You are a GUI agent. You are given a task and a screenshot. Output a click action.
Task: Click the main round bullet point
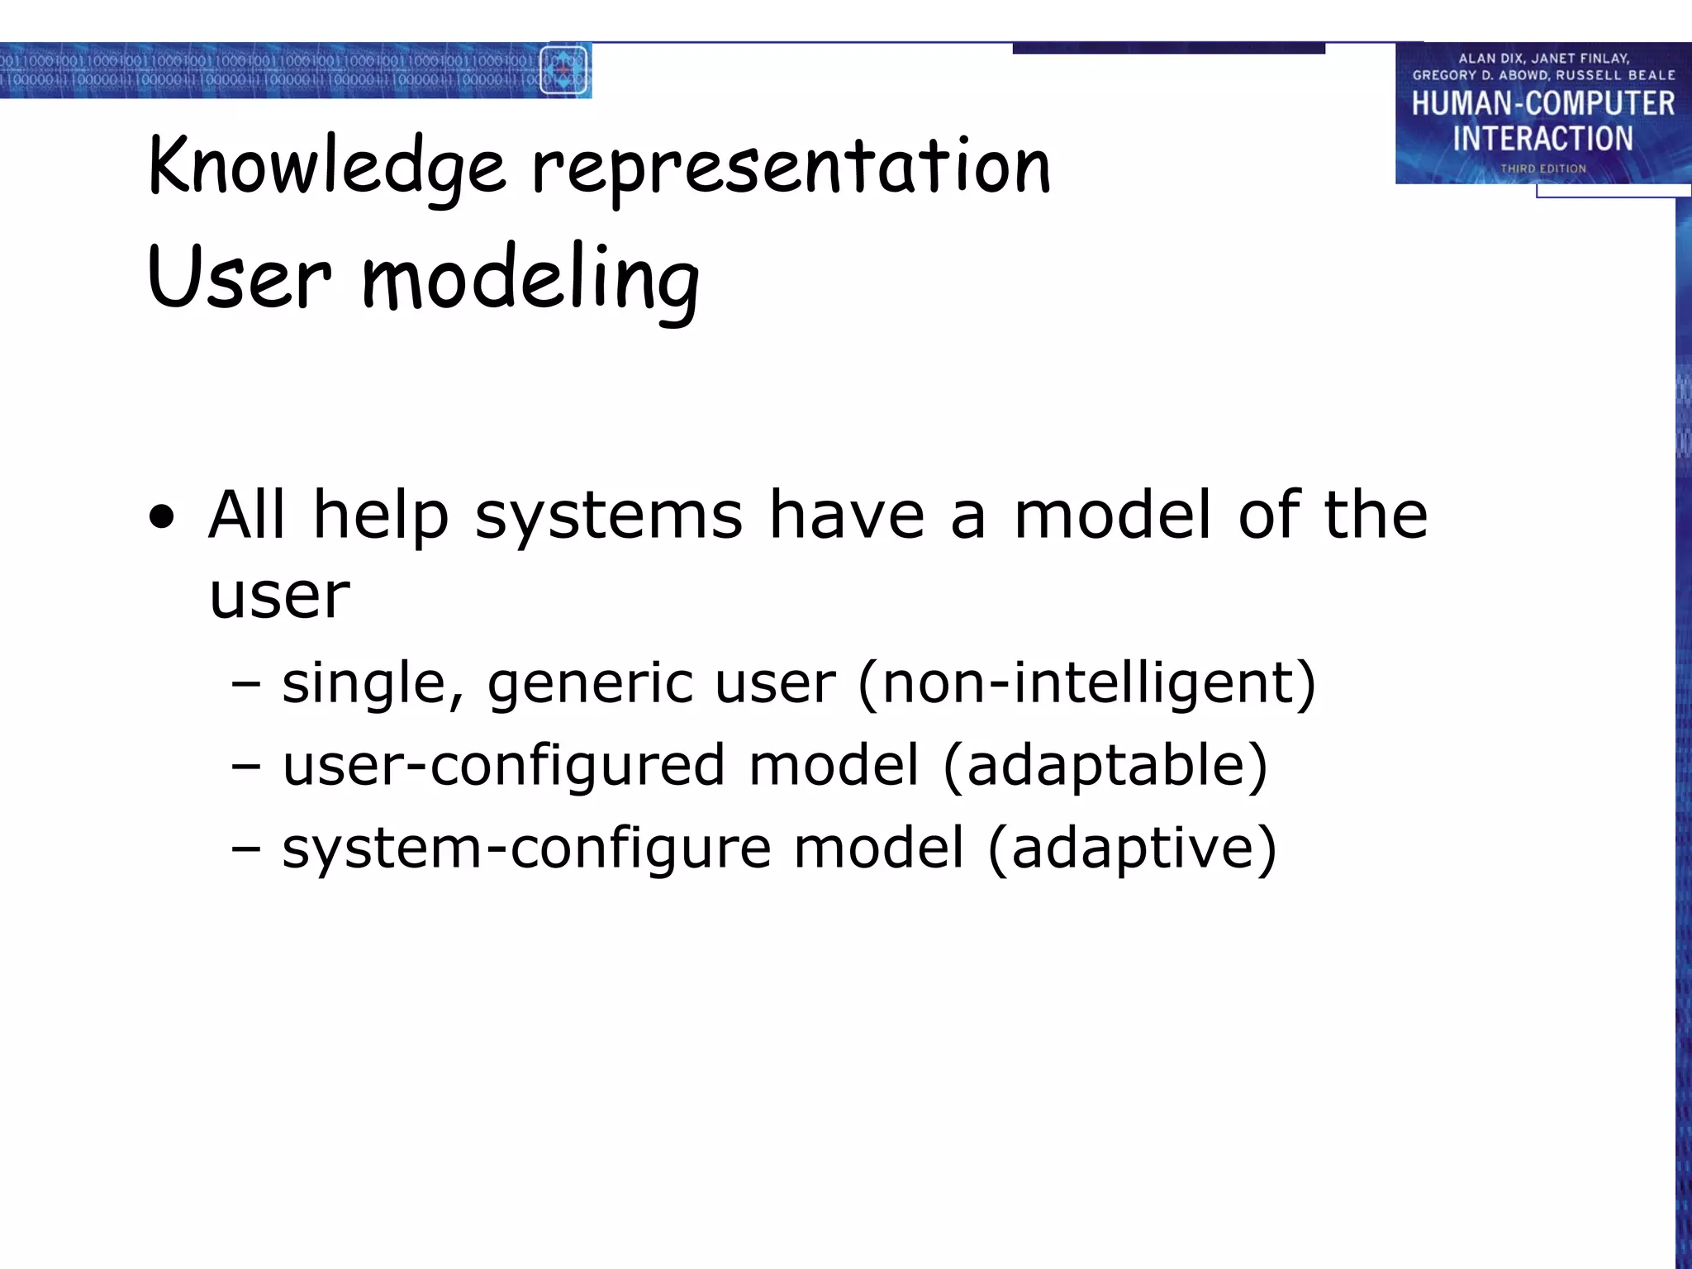(x=163, y=518)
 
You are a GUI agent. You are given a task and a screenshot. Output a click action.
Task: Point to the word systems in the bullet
(x=609, y=516)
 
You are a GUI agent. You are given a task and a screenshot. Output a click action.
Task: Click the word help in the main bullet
(x=381, y=516)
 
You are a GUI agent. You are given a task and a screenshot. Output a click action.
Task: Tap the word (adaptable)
(x=1105, y=765)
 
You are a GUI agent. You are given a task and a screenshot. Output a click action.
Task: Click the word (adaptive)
(x=1132, y=848)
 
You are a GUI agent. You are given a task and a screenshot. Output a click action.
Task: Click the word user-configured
(x=503, y=765)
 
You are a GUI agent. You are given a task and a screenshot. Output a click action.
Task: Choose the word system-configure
(x=526, y=849)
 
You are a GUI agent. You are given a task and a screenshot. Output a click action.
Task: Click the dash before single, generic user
(x=246, y=685)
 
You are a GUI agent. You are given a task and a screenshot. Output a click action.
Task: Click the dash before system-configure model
(x=246, y=849)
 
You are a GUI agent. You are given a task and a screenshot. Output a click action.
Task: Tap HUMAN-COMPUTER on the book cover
(x=1542, y=103)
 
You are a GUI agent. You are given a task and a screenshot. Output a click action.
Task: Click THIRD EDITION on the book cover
(x=1543, y=169)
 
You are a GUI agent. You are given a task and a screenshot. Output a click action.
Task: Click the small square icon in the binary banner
(x=563, y=70)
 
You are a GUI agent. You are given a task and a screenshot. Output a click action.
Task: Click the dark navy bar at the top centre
(x=1168, y=49)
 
